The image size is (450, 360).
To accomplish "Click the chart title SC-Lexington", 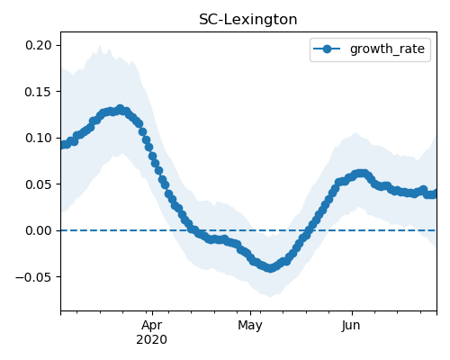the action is coord(248,20).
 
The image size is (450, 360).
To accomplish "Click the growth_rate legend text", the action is coord(387,49).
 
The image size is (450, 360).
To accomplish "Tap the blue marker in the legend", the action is coord(327,49).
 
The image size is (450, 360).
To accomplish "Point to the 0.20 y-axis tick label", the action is coord(39,45).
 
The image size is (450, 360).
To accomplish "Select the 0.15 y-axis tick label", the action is coord(39,92).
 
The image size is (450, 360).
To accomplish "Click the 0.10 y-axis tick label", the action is coord(39,138).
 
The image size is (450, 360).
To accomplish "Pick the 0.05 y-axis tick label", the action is coord(39,184).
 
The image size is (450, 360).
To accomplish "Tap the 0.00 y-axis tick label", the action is coord(39,230).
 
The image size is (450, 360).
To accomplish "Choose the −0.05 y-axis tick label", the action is coord(33,277).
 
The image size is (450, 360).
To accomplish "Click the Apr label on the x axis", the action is coord(152,326).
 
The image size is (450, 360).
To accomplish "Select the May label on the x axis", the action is coord(250,326).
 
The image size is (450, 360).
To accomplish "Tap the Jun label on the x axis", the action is coord(351,326).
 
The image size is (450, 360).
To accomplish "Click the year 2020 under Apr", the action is coord(151,340).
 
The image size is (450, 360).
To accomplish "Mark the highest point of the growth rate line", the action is coord(121,109).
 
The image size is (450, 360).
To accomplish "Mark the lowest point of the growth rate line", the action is coord(270,268).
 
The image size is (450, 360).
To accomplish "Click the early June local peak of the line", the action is coord(362,174).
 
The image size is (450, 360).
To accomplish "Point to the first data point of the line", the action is coord(64,145).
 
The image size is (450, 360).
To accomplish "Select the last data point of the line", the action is coord(434,194).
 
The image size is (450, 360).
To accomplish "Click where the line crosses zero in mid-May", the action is coord(310,230).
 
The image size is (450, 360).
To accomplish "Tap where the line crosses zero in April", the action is coord(192,230).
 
